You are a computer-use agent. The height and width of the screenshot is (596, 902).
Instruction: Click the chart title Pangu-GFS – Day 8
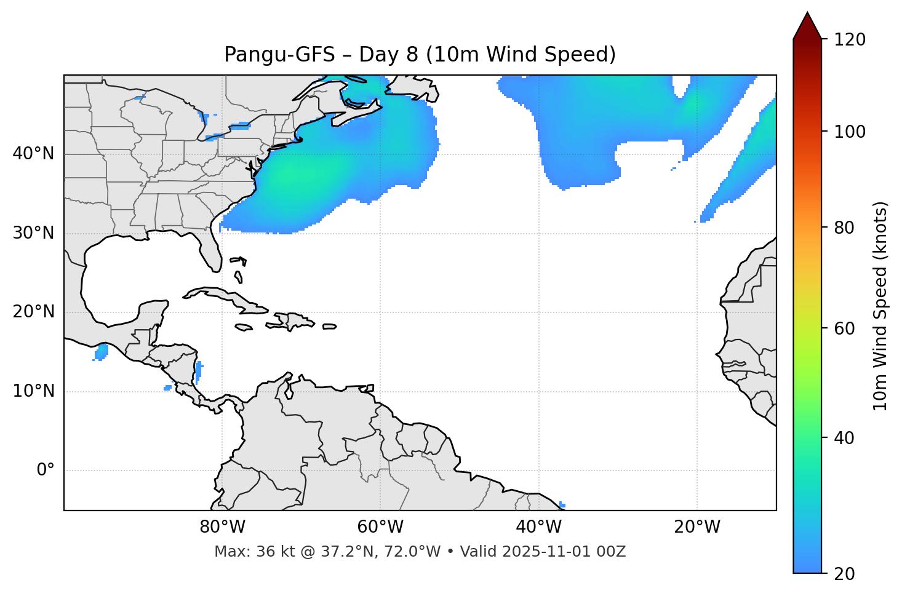420,55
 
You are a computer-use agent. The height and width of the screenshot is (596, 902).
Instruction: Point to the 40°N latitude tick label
33,154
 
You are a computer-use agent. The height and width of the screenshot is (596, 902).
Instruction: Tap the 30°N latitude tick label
33,233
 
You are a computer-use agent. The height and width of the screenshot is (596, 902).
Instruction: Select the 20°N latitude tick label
33,312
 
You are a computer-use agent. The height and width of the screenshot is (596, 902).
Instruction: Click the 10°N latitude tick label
33,391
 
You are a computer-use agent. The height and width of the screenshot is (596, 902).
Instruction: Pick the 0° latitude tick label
46,471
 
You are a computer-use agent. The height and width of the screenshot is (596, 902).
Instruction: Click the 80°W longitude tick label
222,527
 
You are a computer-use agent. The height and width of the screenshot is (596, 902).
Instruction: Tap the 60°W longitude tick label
380,527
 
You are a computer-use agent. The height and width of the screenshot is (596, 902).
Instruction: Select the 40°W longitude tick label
538,527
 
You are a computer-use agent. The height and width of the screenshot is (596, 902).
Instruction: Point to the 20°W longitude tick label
697,527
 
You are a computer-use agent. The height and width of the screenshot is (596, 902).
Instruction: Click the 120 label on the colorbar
850,40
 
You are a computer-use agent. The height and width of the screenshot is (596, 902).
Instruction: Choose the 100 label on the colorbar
850,132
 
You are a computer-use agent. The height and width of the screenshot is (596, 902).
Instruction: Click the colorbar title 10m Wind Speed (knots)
880,306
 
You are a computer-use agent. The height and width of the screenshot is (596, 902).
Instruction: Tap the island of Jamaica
244,327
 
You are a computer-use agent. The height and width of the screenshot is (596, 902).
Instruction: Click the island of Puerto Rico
329,327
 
